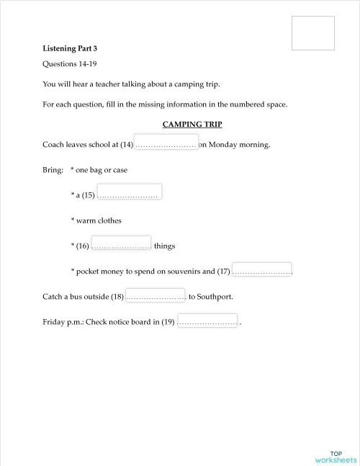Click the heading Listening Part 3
pyautogui.click(x=69, y=48)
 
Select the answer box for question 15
pyautogui.click(x=129, y=192)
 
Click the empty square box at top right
pyautogui.click(x=313, y=33)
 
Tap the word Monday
pyautogui.click(x=223, y=145)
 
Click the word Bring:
pyautogui.click(x=53, y=170)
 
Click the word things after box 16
pyautogui.click(x=164, y=246)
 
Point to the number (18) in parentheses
pyautogui.click(x=117, y=297)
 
